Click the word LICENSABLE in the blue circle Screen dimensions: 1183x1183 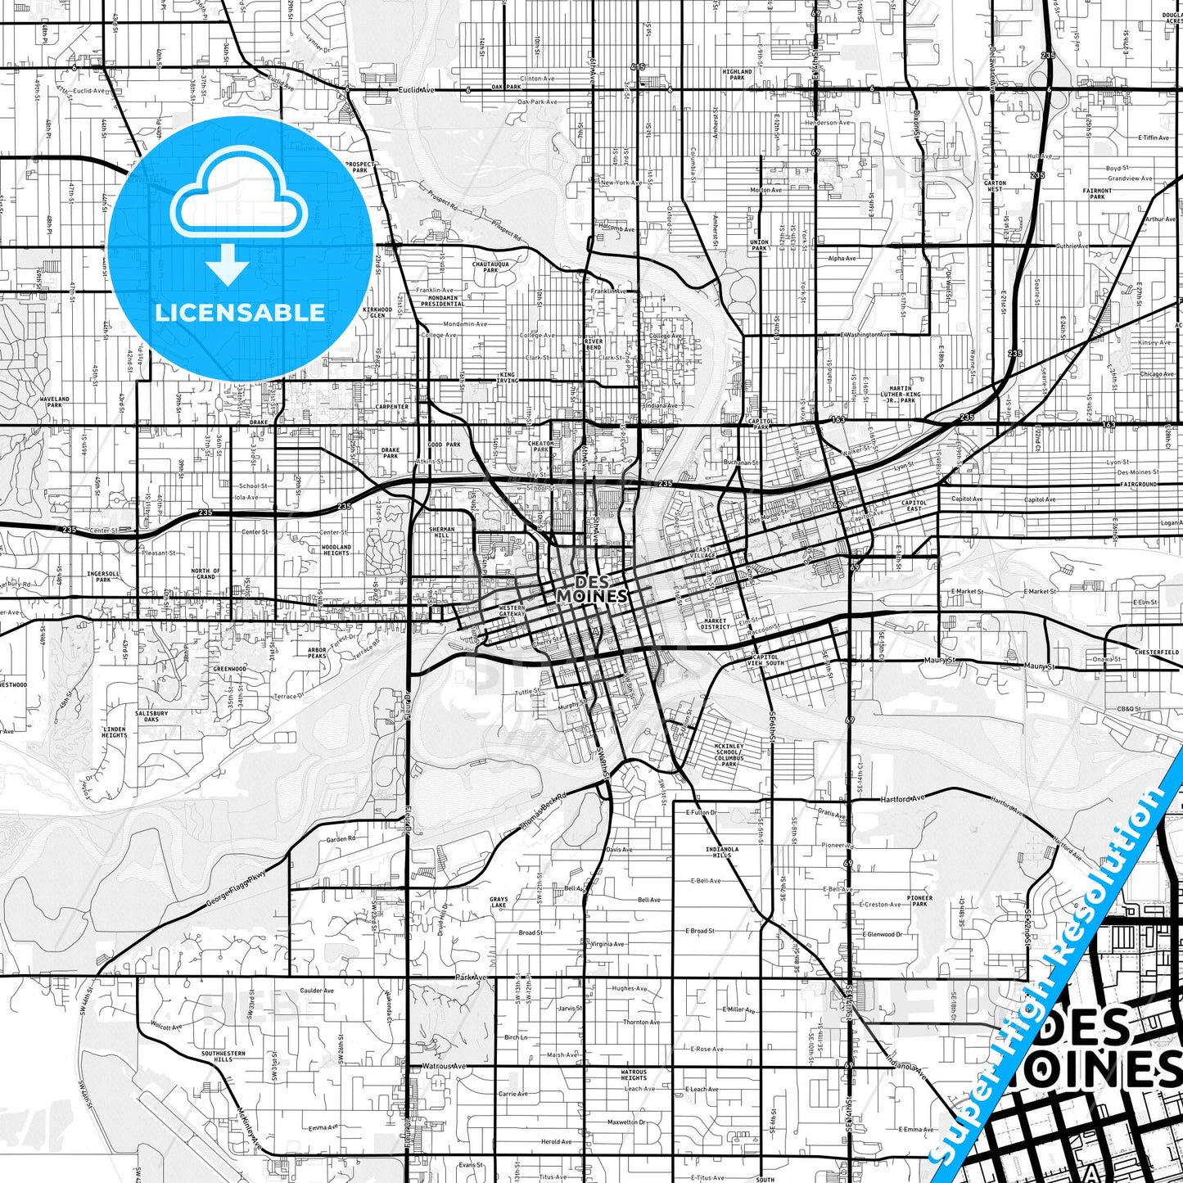pos(240,312)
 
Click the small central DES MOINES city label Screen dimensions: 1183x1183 pos(592,589)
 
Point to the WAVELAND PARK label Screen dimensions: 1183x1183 pos(55,402)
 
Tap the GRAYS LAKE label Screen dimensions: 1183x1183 pos(499,902)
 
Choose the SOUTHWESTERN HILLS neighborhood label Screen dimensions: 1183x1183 pos(223,1056)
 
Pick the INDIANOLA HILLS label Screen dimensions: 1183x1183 pos(721,852)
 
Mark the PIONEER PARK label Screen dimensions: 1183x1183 pos(919,901)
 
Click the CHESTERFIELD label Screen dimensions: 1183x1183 pos(1157,652)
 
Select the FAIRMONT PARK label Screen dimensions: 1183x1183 pos(1097,193)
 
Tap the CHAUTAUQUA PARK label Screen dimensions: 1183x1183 pos(490,267)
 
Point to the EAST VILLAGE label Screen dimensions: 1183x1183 pos(705,553)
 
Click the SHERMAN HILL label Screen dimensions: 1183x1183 pos(442,532)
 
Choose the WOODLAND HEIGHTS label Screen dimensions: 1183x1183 pos(336,549)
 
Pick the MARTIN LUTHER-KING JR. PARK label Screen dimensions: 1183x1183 pos(901,395)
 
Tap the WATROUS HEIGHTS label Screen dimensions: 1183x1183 pos(634,1075)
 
